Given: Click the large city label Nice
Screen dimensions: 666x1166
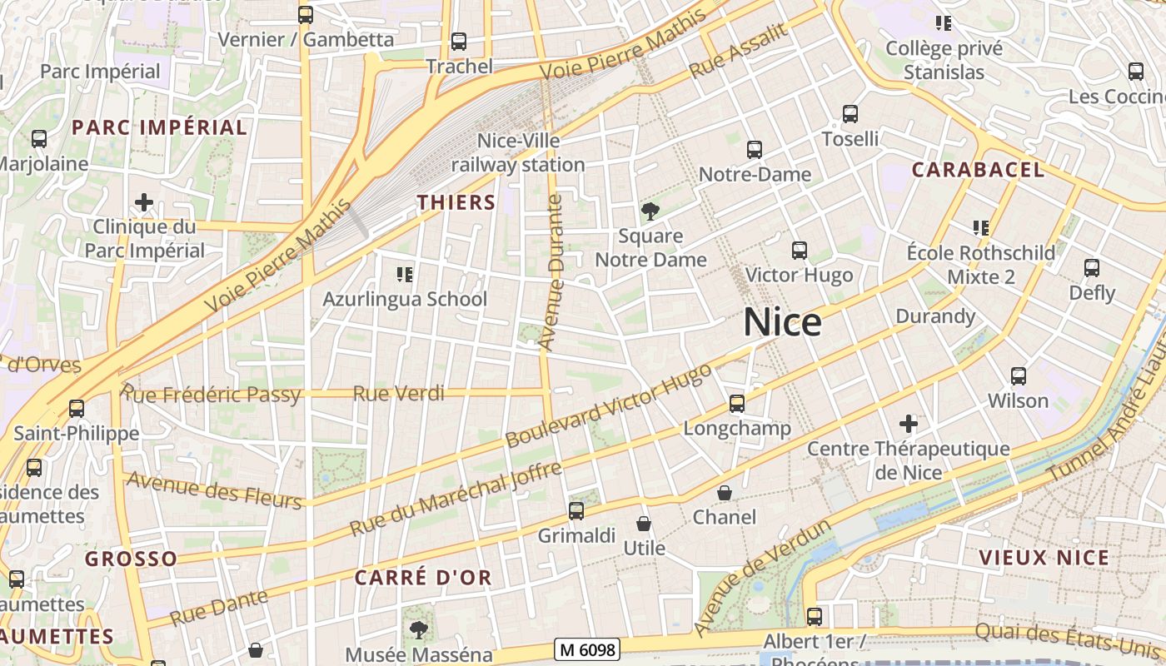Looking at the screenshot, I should pyautogui.click(x=782, y=322).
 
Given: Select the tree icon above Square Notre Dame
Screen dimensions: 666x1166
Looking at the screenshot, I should pyautogui.click(x=650, y=211).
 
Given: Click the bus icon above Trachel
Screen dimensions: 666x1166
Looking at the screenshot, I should pyautogui.click(x=458, y=42).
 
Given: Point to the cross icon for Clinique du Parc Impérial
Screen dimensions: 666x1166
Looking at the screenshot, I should pyautogui.click(x=144, y=202).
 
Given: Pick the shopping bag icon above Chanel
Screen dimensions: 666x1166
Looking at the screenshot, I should pyautogui.click(x=725, y=493).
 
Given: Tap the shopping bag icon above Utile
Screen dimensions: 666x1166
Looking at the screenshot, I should pyautogui.click(x=644, y=524).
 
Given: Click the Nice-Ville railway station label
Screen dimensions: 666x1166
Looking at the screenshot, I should pyautogui.click(x=518, y=153).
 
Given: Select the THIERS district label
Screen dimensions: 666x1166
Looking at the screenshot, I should pyautogui.click(x=456, y=202).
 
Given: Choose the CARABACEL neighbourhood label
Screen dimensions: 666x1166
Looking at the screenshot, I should pyautogui.click(x=978, y=170).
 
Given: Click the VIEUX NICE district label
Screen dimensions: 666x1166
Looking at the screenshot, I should pyautogui.click(x=1044, y=558).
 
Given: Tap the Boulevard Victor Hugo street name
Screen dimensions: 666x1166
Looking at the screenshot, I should pyautogui.click(x=609, y=405).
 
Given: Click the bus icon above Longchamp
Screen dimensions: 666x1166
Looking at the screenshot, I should pyautogui.click(x=736, y=404).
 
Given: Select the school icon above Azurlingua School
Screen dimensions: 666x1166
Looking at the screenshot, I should pyautogui.click(x=405, y=274).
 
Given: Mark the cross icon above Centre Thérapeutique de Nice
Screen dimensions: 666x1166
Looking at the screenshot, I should pyautogui.click(x=909, y=425).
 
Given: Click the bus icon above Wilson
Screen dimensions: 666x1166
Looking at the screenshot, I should pyautogui.click(x=1018, y=376).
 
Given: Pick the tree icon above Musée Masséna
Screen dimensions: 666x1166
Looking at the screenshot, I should pyautogui.click(x=418, y=629).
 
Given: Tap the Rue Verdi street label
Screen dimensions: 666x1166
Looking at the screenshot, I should pyautogui.click(x=399, y=394).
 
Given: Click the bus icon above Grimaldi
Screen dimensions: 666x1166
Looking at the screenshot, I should pyautogui.click(x=576, y=511).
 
